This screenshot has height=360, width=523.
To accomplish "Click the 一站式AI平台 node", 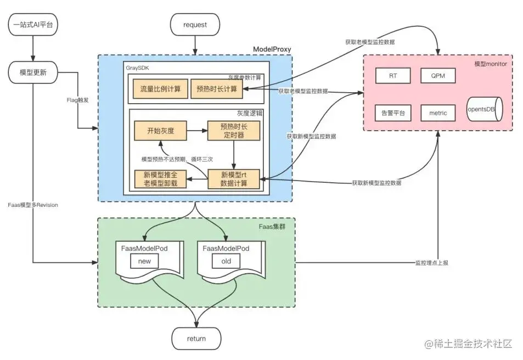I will [33, 25].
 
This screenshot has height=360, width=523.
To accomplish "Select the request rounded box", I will [195, 25].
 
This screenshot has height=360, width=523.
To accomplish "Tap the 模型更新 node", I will [33, 72].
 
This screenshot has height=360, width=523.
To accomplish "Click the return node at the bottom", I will [196, 338].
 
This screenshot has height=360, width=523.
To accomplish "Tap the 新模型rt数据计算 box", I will [233, 179].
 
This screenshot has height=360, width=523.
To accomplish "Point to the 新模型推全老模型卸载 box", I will [161, 179].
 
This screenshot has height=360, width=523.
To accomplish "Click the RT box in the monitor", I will [393, 75].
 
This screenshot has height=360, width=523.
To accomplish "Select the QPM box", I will [438, 75].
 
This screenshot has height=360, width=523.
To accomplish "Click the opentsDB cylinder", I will [482, 110].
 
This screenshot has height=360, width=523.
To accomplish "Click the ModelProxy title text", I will [272, 49].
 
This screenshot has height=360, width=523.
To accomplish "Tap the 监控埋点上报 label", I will [431, 263].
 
